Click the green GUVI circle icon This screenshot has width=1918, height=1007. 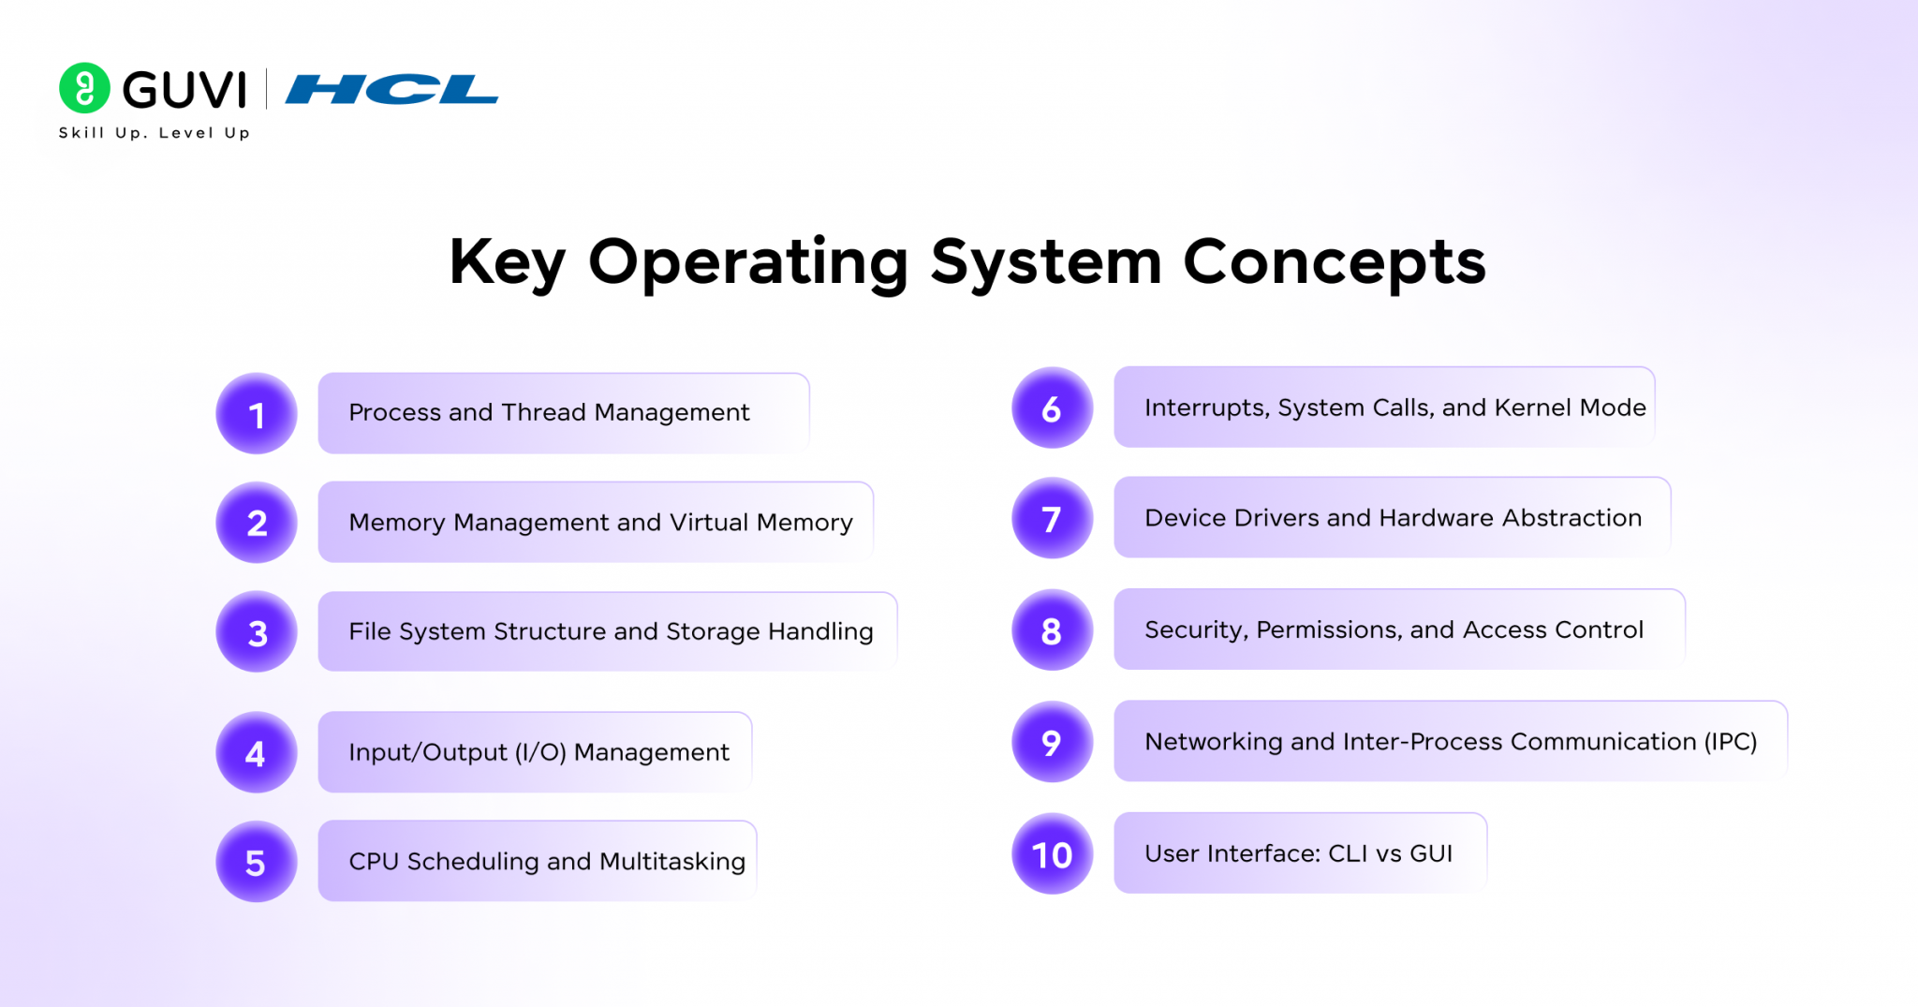(84, 88)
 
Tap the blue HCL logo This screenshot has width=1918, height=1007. (391, 90)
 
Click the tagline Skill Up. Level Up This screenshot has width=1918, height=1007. (155, 133)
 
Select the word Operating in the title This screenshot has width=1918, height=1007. (748, 262)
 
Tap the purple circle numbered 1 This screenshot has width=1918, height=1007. (257, 414)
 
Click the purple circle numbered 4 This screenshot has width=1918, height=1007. (257, 752)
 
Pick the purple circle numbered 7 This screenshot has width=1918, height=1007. (1052, 518)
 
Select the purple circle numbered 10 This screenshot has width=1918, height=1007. (1052, 854)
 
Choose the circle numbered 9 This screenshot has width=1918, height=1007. (1052, 742)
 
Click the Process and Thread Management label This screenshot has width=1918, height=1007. (549, 413)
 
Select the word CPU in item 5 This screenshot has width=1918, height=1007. (374, 862)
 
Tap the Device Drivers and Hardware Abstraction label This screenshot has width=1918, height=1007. (1393, 518)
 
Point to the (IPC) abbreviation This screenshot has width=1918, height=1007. (1730, 742)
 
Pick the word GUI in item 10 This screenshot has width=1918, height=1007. (1430, 854)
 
